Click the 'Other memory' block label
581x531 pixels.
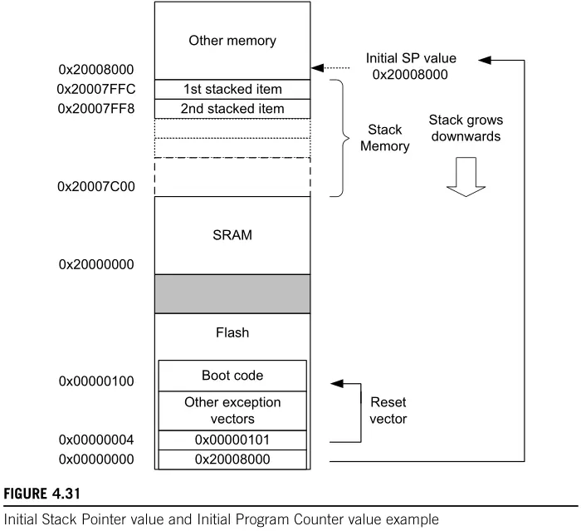click(232, 40)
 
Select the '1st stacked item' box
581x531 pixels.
click(232, 89)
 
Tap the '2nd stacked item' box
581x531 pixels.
click(232, 109)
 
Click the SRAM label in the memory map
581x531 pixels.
click(232, 235)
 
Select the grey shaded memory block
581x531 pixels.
click(232, 293)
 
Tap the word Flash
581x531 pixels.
click(232, 333)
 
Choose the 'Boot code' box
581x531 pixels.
click(232, 375)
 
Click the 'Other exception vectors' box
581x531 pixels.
click(232, 410)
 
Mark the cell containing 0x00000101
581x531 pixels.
click(232, 440)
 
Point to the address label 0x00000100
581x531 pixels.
click(98, 381)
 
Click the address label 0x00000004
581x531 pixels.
click(98, 439)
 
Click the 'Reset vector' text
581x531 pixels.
click(387, 411)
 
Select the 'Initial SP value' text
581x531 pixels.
click(411, 59)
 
